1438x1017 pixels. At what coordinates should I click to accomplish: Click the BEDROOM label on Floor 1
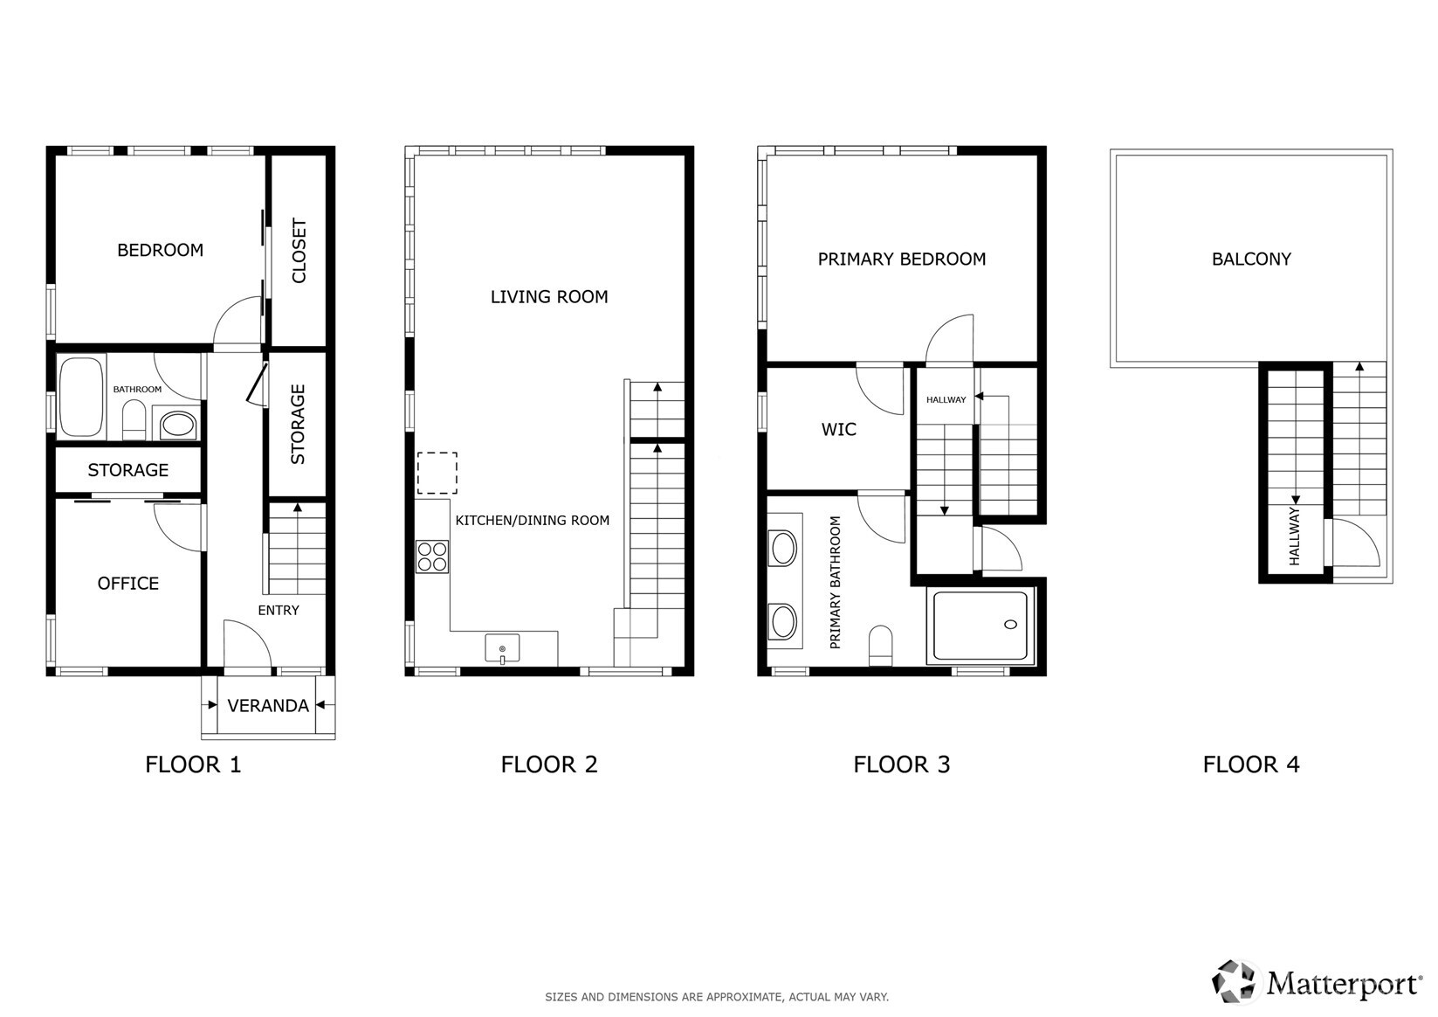point(160,251)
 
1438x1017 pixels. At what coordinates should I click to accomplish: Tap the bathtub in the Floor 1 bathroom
point(81,396)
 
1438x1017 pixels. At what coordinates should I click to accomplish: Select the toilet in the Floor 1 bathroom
point(134,419)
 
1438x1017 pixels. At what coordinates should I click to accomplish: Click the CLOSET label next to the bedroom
point(299,251)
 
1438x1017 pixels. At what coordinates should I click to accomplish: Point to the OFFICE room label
point(128,584)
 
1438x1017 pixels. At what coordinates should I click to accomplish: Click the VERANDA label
point(268,706)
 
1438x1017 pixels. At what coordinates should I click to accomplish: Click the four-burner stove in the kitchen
point(432,557)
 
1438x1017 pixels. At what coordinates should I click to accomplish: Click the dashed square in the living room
point(437,474)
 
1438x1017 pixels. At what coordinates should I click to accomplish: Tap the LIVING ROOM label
point(549,297)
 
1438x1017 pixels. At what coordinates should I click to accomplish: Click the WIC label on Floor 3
point(838,430)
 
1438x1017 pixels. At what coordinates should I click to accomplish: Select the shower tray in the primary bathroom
point(980,626)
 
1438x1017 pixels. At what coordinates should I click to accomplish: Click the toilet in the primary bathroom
point(881,644)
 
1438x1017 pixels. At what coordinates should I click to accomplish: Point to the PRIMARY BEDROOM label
point(902,259)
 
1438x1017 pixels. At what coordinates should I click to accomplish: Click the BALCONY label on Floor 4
point(1251,259)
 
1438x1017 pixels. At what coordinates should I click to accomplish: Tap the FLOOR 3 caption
point(902,764)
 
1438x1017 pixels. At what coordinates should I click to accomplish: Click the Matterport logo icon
point(1235,981)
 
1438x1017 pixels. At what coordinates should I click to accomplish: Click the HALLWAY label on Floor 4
point(1295,536)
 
